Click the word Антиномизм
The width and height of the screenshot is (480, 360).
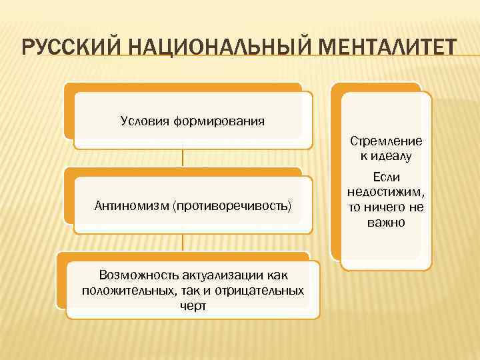(133, 205)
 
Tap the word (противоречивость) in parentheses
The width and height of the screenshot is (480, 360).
(232, 205)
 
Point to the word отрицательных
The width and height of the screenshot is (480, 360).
(257, 290)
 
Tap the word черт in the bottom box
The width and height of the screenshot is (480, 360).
(193, 305)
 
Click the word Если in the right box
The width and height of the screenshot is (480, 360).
(386, 177)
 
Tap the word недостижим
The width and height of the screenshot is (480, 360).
(385, 192)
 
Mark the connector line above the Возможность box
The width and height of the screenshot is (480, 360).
(183, 242)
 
